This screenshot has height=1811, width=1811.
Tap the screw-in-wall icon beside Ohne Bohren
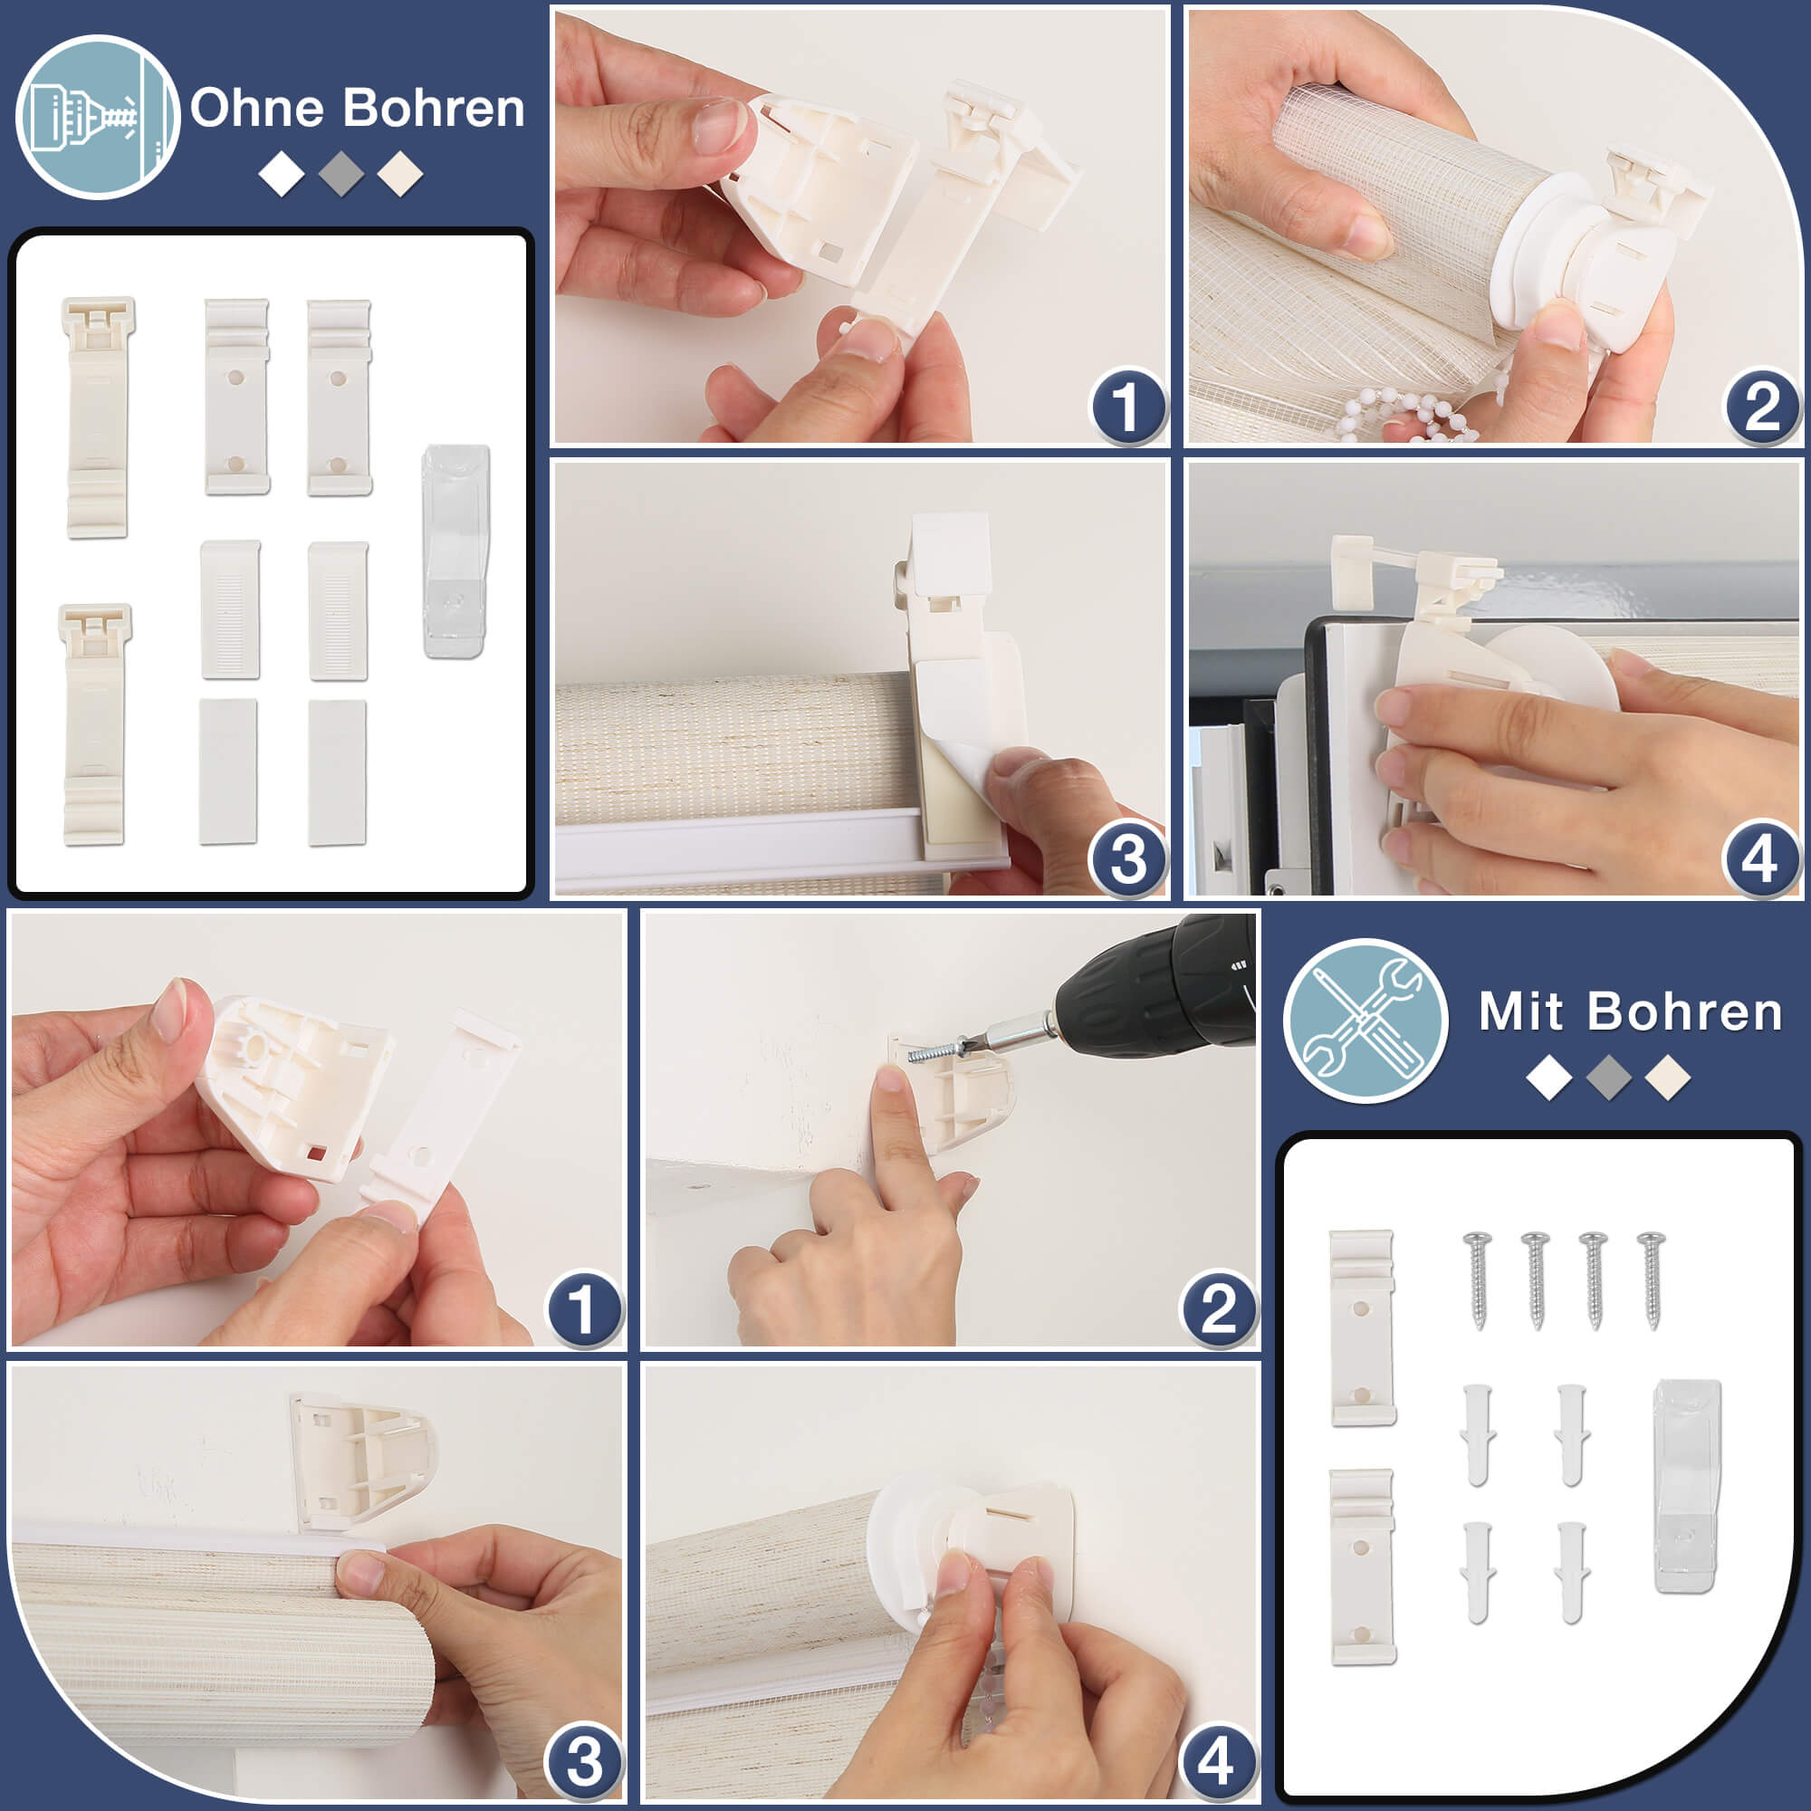coord(97,117)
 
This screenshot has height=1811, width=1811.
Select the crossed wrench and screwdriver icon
coord(1365,1020)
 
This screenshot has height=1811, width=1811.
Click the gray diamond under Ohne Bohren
coord(341,174)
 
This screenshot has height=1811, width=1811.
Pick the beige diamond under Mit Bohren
coord(1668,1077)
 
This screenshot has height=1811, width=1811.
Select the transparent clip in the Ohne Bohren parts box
coord(455,551)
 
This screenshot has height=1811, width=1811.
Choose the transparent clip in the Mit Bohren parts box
coord(1687,1486)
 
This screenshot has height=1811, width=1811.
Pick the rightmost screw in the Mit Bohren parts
coord(1652,1279)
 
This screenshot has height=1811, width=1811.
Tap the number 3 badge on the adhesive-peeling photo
coord(1128,859)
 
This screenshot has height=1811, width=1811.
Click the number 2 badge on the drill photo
coord(1218,1308)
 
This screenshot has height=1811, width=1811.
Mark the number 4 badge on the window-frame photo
coord(1760,859)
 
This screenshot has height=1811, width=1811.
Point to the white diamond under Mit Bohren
coord(1549,1077)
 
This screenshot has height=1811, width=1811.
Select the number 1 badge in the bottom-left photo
coord(584,1308)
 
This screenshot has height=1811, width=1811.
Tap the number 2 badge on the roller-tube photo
coord(1762,407)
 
